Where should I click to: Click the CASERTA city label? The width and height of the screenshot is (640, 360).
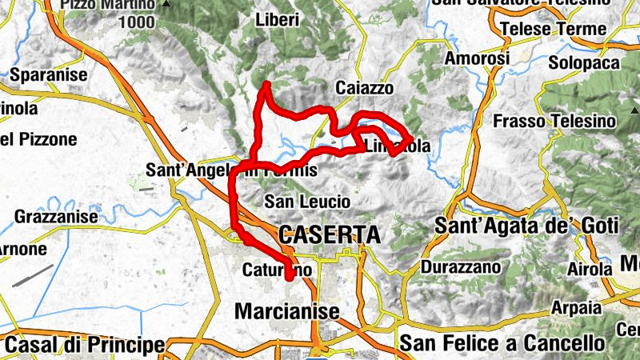[x=329, y=234]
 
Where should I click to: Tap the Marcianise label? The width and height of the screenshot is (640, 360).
[x=287, y=310]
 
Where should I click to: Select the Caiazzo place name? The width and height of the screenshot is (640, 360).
[x=365, y=87]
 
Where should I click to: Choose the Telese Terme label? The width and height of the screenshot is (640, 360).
[x=552, y=30]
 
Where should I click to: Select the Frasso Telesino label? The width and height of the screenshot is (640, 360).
[x=555, y=122]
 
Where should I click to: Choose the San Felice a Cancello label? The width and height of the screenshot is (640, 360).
[x=502, y=343]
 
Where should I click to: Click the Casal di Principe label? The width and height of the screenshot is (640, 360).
[x=85, y=346]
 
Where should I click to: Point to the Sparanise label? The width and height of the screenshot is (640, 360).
[x=49, y=76]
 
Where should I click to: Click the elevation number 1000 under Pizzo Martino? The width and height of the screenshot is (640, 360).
[x=137, y=22]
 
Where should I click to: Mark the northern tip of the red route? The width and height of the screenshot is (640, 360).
[x=265, y=84]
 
